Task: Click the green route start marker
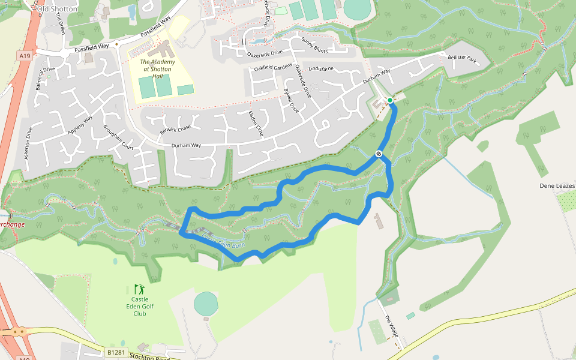click(390, 100)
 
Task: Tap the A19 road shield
click(25, 56)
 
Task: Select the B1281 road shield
click(116, 352)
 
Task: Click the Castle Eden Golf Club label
click(140, 306)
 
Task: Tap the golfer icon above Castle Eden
click(139, 290)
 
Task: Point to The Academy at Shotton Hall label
click(158, 69)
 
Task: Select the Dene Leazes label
click(557, 186)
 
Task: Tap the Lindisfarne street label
click(320, 69)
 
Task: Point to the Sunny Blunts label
click(315, 46)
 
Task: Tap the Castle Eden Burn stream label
click(217, 241)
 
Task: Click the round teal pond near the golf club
click(206, 304)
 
